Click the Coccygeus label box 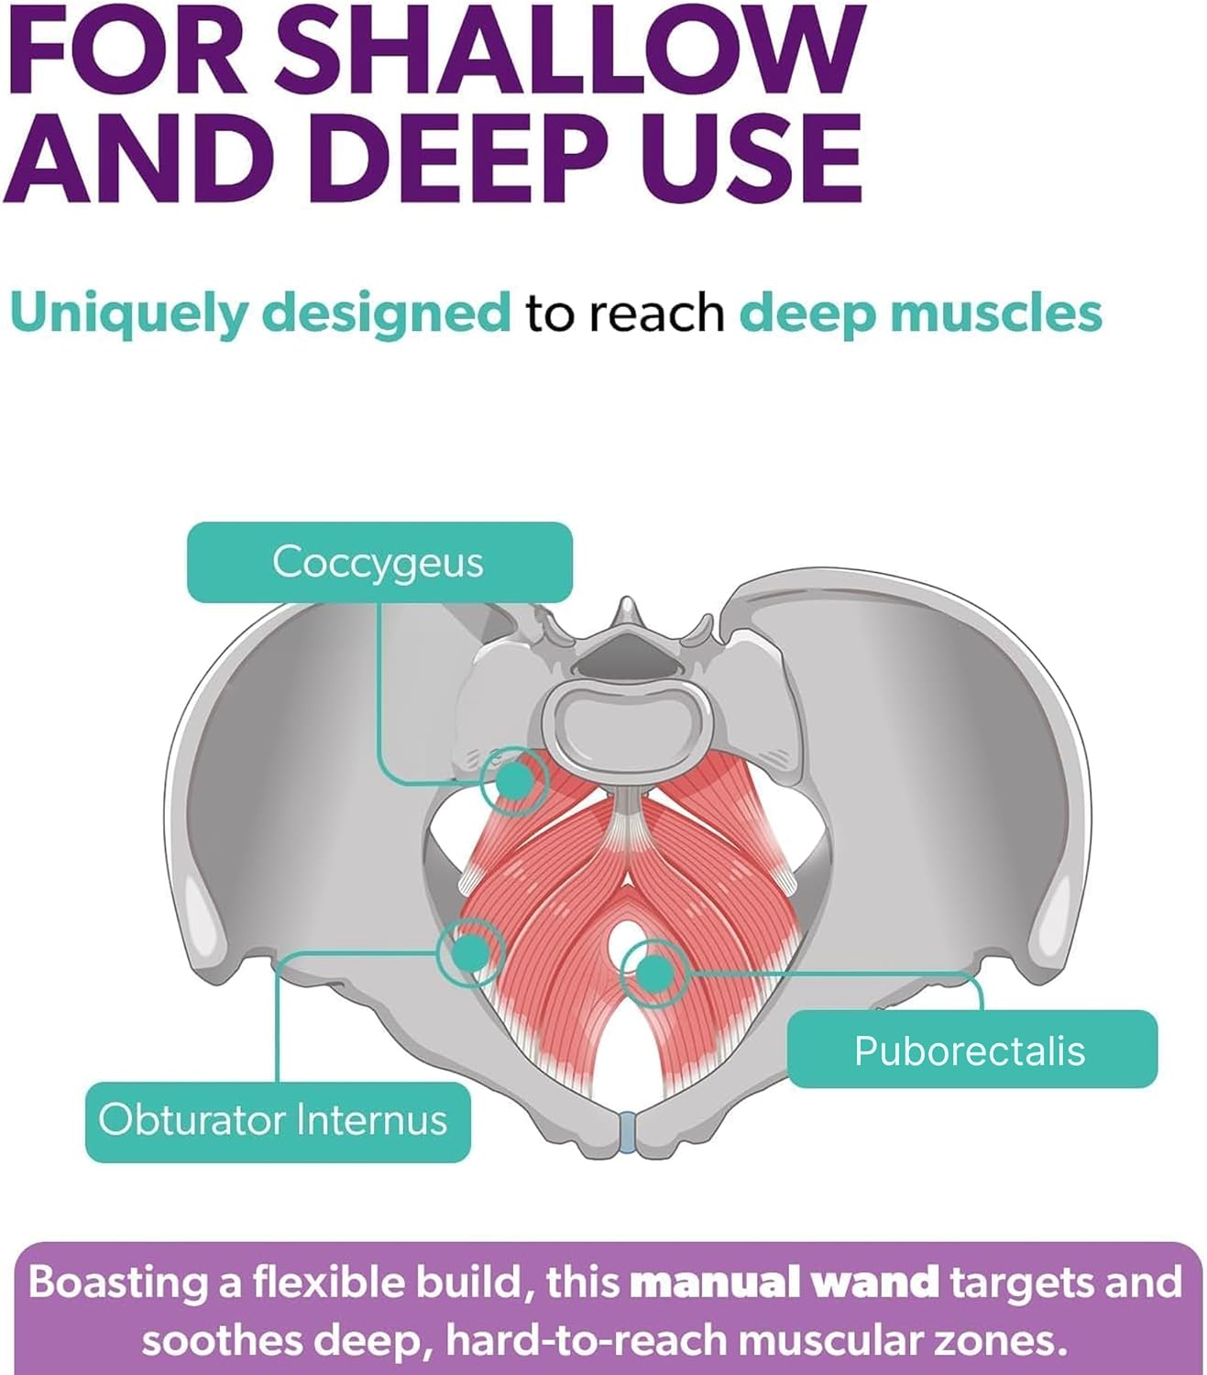pyautogui.click(x=379, y=562)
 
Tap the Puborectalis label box pyautogui.click(x=971, y=1049)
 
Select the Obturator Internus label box pyautogui.click(x=278, y=1122)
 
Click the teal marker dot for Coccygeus pyautogui.click(x=514, y=780)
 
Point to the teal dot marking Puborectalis pyautogui.click(x=654, y=973)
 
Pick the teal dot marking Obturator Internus pyautogui.click(x=471, y=952)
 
